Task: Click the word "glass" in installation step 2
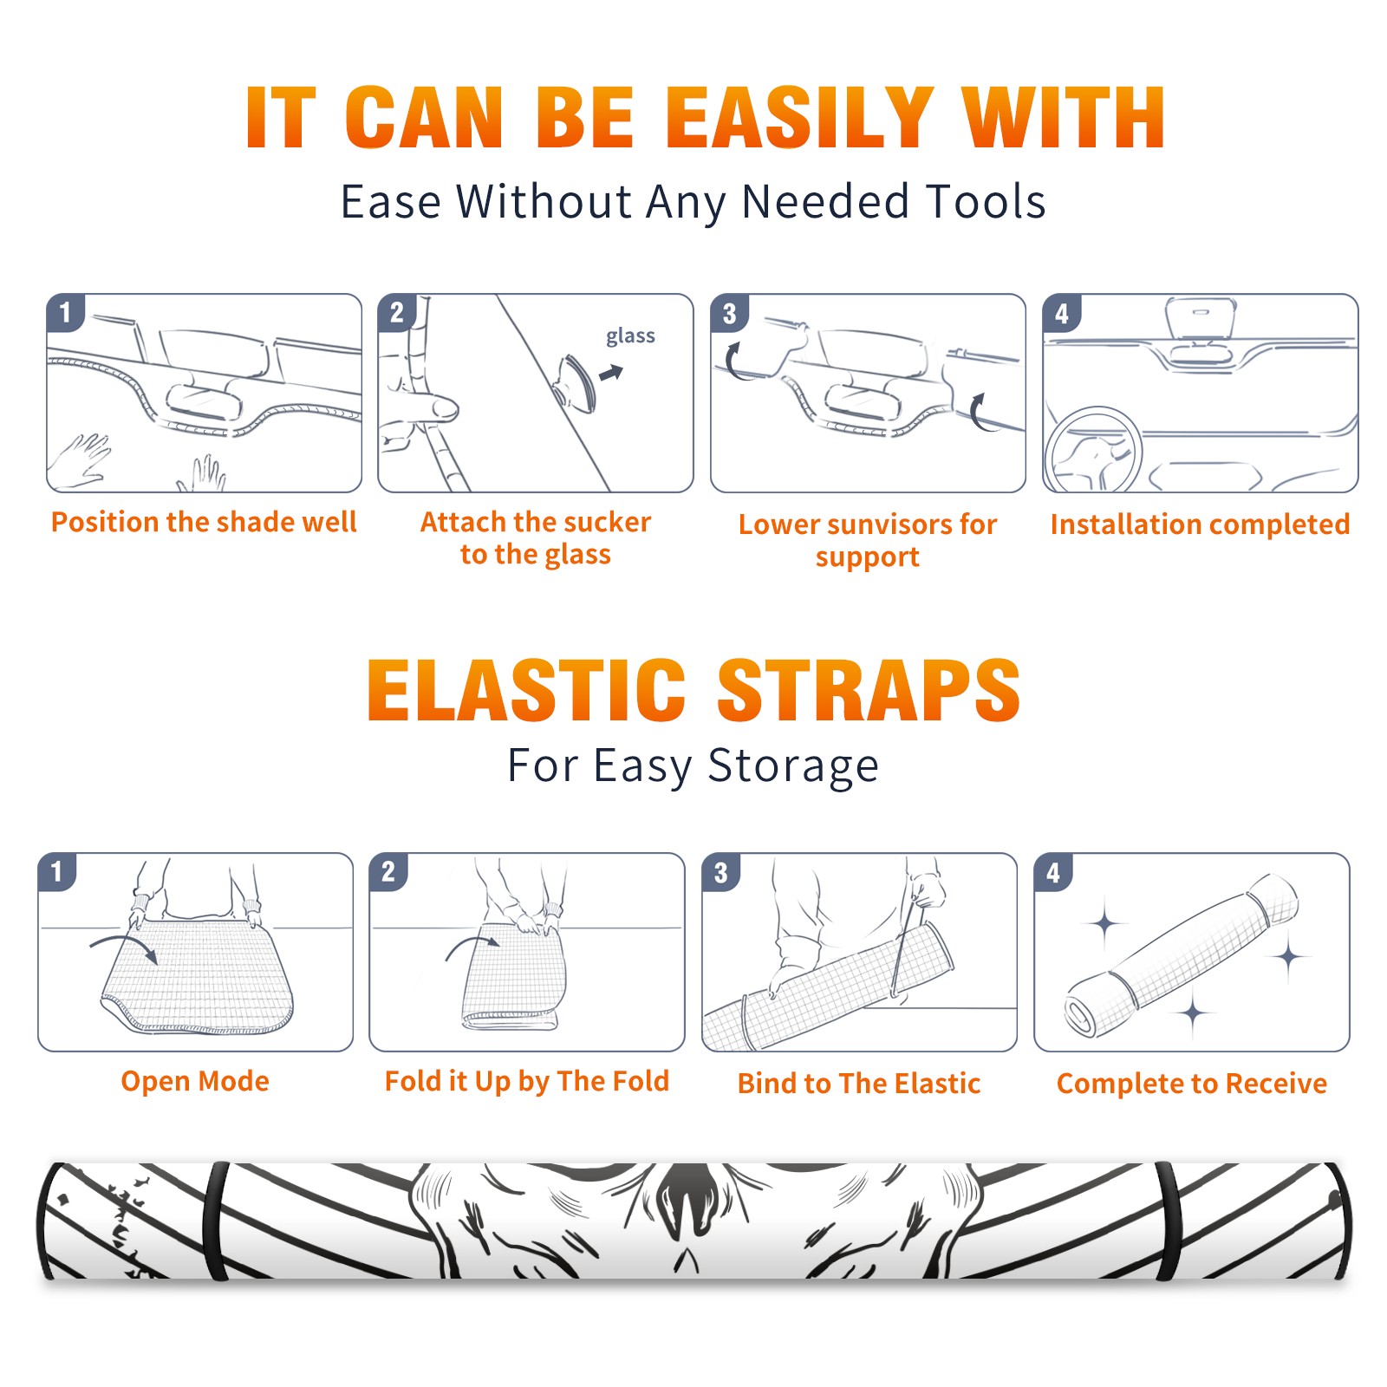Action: [630, 336]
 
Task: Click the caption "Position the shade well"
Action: [204, 522]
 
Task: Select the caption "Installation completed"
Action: [1200, 524]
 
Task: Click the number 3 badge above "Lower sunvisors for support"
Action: [729, 313]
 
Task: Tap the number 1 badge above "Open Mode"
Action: [57, 871]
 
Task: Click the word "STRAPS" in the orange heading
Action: [869, 690]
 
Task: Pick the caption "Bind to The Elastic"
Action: [859, 1083]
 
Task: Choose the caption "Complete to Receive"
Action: [1192, 1084]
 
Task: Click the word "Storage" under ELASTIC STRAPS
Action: [793, 766]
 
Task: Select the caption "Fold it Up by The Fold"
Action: [527, 1081]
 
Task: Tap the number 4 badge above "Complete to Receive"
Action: [1053, 871]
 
